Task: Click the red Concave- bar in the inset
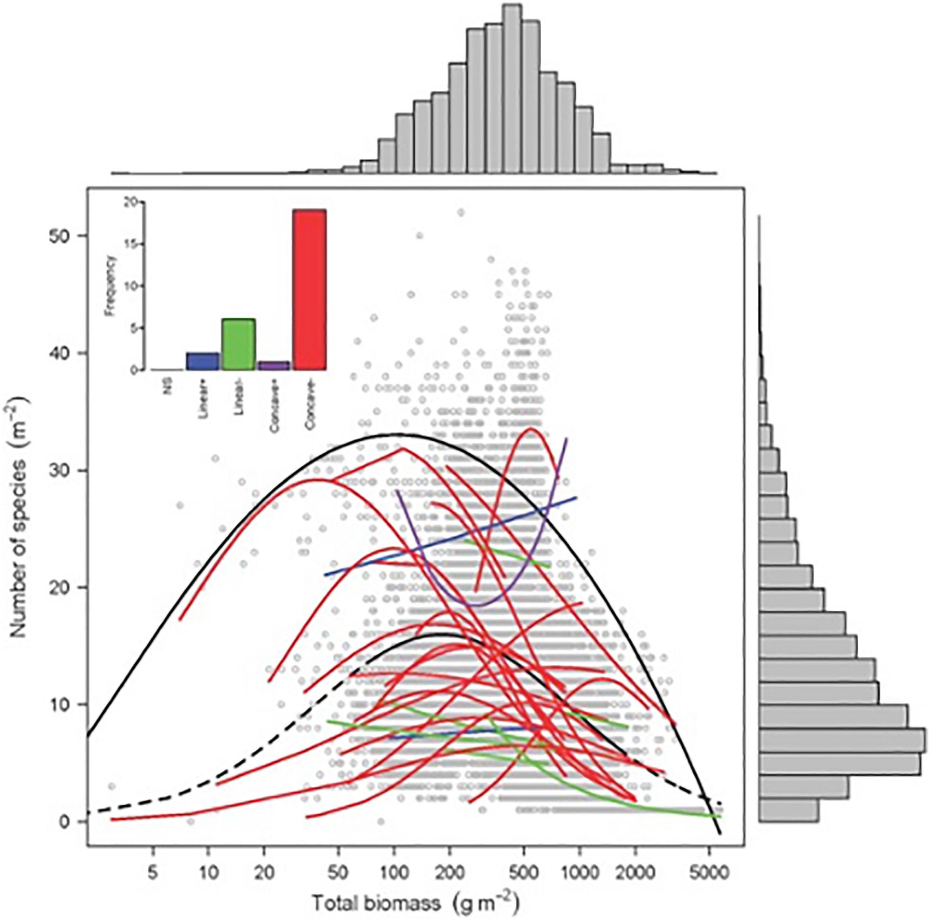click(x=310, y=290)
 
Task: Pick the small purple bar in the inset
click(x=273, y=365)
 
